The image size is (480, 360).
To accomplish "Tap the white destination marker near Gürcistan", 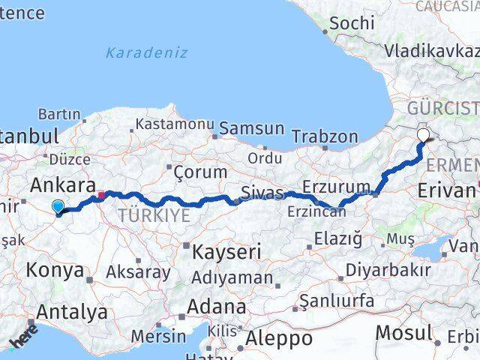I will (424, 136).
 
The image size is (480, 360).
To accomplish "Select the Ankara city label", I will (63, 185).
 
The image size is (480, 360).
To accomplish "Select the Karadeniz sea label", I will (146, 52).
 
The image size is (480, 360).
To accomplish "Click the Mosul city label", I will (404, 332).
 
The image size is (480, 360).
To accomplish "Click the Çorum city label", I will (199, 172).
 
